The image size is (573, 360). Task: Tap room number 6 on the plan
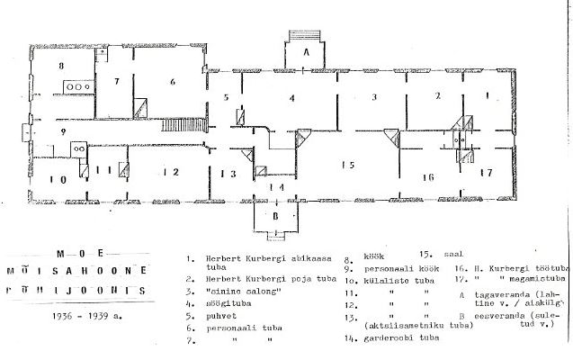click(x=171, y=82)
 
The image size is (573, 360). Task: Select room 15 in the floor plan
click(x=346, y=164)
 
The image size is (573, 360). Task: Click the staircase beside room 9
click(x=184, y=126)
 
